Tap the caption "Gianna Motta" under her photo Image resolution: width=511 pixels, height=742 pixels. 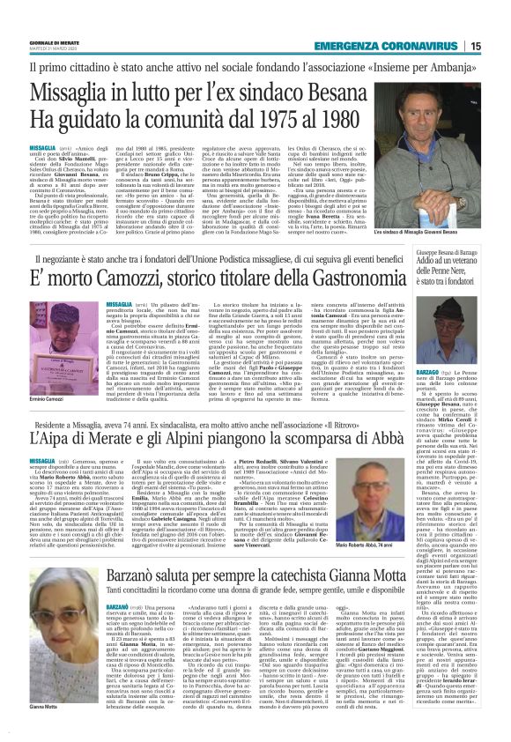click(x=44, y=707)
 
